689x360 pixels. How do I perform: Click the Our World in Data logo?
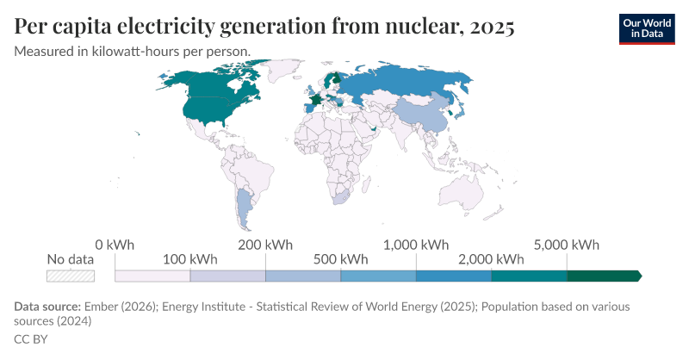pos(647,29)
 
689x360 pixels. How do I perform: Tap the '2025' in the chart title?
pos(492,27)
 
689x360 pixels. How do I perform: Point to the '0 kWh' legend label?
pos(115,245)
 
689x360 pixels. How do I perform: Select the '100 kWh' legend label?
pos(189,259)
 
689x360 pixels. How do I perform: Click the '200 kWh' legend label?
pos(265,245)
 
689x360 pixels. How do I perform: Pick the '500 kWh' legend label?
pos(340,259)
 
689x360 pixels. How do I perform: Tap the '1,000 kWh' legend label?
pos(416,245)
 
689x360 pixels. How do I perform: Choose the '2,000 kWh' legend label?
pos(491,259)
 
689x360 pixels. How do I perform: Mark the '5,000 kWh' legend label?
pos(567,245)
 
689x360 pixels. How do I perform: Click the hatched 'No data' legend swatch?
pos(71,276)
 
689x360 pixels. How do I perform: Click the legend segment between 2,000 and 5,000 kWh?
pos(529,276)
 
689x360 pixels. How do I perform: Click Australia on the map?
pos(462,194)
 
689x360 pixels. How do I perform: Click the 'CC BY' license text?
pos(31,339)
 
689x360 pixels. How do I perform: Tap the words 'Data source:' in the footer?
pos(47,307)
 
